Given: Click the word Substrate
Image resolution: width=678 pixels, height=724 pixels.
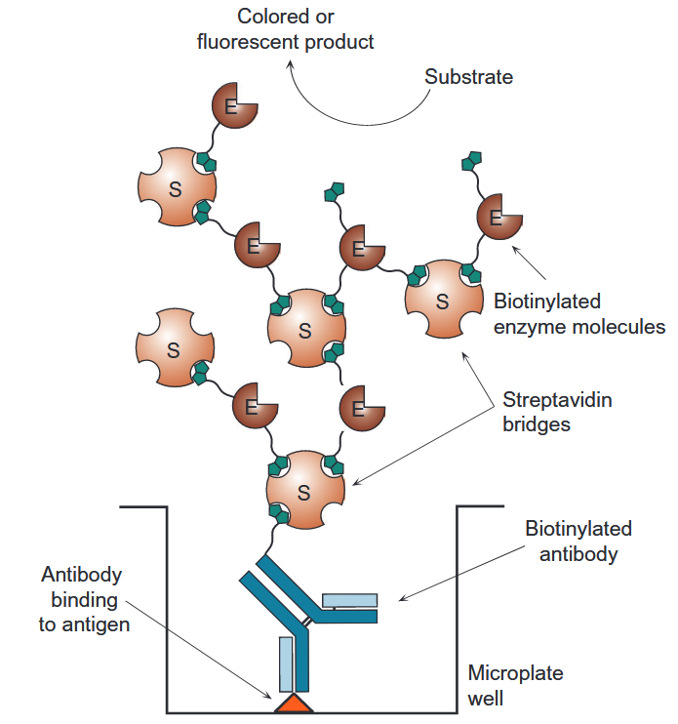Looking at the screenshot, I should (x=468, y=76).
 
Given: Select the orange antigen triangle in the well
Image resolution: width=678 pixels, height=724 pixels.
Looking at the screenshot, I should (x=293, y=703).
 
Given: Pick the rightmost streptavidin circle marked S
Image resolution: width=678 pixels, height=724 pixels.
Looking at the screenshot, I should (x=443, y=299).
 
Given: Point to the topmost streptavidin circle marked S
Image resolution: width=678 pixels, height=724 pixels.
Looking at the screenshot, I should (x=177, y=187).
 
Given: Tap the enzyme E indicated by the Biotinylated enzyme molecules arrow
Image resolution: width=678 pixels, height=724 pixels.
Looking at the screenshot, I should (x=498, y=219).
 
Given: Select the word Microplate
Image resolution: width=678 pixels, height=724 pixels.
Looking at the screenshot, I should (x=515, y=673).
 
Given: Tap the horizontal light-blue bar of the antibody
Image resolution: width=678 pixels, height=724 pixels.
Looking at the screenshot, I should (x=349, y=600).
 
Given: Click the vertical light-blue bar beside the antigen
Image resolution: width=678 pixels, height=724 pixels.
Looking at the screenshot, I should (x=286, y=664).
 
